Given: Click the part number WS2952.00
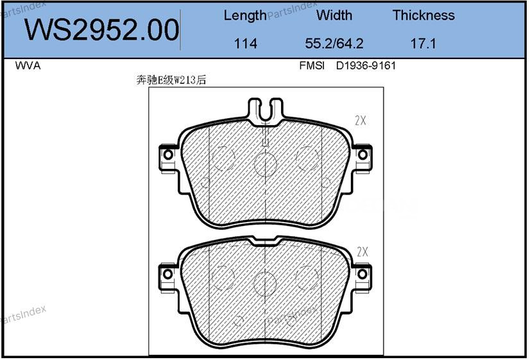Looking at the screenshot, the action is click(101, 30).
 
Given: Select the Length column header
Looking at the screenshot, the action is click(245, 15).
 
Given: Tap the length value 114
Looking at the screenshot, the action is click(245, 43).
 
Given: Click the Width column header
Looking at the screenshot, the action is click(334, 15).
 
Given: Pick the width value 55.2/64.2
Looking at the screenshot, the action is click(334, 43).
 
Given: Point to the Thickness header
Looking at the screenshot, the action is click(423, 15).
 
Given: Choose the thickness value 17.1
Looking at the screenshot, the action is click(423, 43).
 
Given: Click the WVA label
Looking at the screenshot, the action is click(28, 65).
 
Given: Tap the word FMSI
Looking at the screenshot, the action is click(312, 65).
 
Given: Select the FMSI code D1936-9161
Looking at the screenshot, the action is click(366, 65).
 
